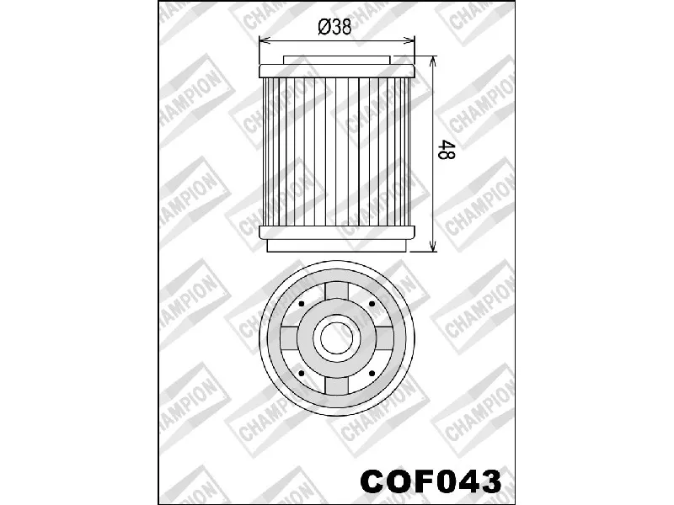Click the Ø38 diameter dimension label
point(334,27)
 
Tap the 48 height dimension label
point(446,150)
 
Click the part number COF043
point(431,481)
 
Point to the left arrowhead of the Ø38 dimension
point(264,40)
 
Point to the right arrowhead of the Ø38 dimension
point(409,40)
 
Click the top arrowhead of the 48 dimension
point(433,61)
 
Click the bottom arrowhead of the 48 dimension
point(433,246)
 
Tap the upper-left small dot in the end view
point(302,304)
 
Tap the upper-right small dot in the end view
point(372,304)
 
